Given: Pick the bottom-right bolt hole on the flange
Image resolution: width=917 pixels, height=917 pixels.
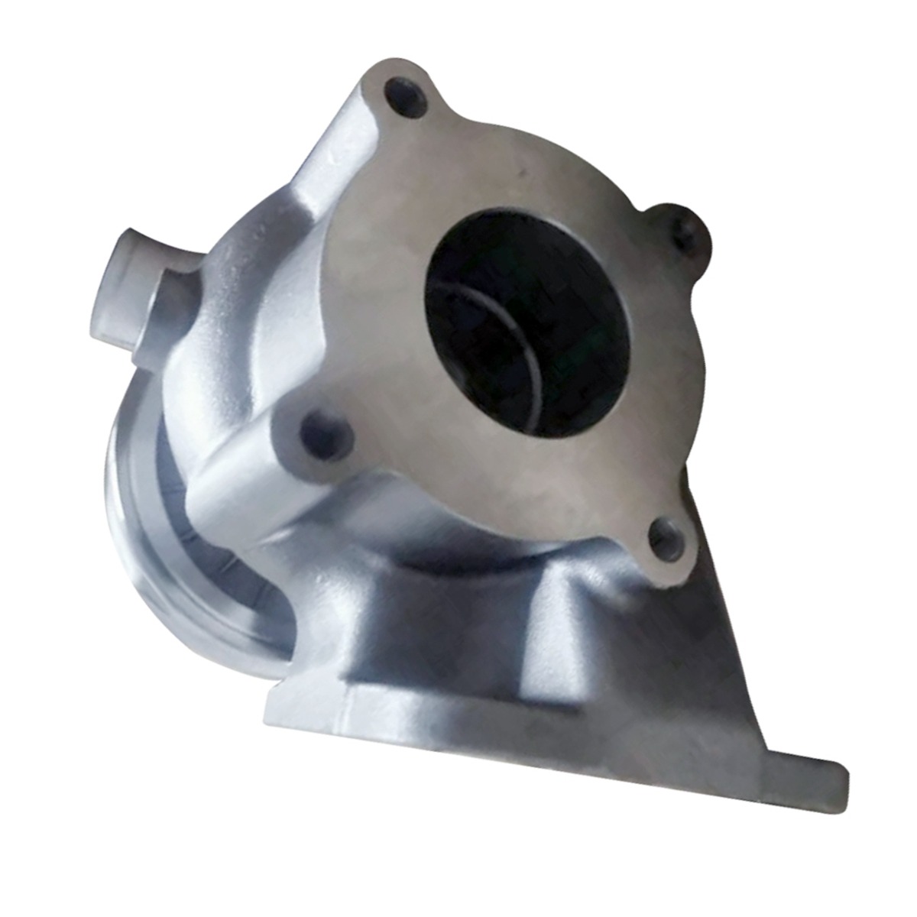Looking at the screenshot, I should coord(666,539).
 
